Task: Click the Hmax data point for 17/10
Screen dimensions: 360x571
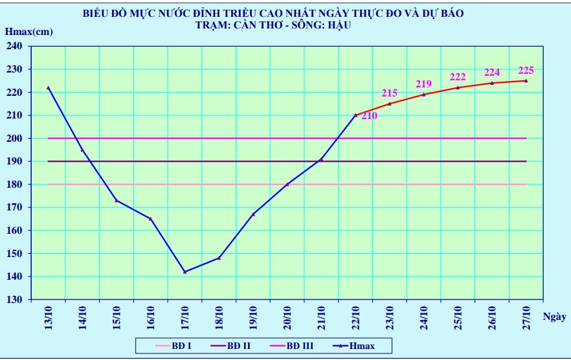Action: click(185, 272)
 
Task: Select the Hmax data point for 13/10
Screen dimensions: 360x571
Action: click(48, 87)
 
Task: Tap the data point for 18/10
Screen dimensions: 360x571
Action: click(219, 258)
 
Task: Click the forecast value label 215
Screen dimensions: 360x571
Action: click(390, 93)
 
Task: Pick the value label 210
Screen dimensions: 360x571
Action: click(369, 117)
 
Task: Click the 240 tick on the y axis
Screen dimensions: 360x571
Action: click(14, 46)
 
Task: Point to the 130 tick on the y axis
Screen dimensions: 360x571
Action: click(14, 300)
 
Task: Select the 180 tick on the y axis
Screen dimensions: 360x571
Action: click(14, 185)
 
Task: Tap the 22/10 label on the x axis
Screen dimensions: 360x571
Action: click(355, 315)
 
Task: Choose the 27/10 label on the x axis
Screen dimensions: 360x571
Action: click(526, 315)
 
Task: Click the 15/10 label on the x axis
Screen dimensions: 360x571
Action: click(117, 315)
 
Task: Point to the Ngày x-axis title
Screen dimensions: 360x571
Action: click(555, 316)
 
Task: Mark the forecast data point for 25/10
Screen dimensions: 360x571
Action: click(458, 87)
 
